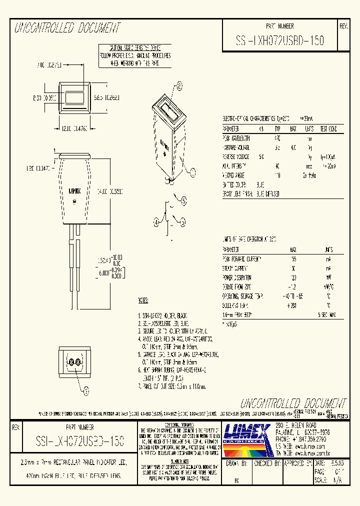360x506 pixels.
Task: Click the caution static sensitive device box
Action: pyautogui.click(x=134, y=55)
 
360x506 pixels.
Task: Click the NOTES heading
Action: pyautogui.click(x=143, y=301)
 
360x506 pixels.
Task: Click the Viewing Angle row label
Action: pyautogui.click(x=235, y=175)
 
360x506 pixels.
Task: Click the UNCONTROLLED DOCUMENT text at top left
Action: pyautogui.click(x=67, y=28)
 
